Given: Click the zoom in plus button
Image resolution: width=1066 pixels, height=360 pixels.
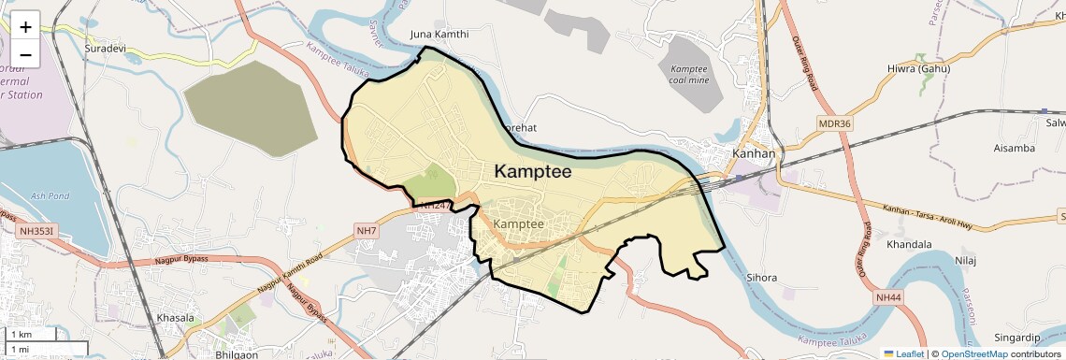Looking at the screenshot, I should tap(25, 26).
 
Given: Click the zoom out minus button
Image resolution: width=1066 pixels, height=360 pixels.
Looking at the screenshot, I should tap(25, 54).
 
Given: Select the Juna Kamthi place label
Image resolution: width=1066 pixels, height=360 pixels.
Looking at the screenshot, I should tap(439, 35).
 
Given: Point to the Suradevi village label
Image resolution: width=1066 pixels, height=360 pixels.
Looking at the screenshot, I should tap(106, 48).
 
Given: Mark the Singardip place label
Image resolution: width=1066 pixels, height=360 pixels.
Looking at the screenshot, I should tap(1016, 337).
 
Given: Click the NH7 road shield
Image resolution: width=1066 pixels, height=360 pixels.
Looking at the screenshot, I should tap(366, 230).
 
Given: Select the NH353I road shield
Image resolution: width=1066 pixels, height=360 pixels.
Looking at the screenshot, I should tap(37, 230).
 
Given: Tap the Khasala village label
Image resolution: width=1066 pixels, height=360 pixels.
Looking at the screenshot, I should tap(176, 318).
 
